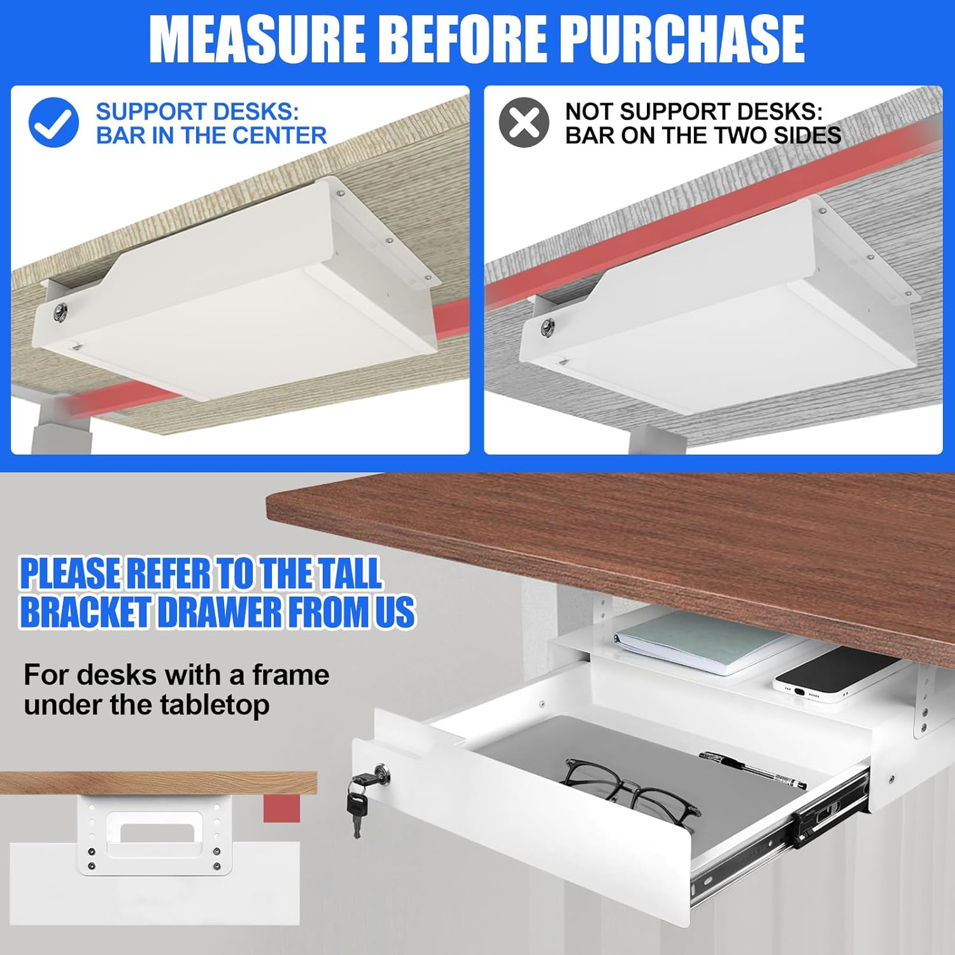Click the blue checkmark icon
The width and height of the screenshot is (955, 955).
tap(53, 122)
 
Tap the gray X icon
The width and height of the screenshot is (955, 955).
tap(524, 122)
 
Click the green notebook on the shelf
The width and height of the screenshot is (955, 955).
tap(704, 642)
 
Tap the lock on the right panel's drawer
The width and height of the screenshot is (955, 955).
tap(547, 327)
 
